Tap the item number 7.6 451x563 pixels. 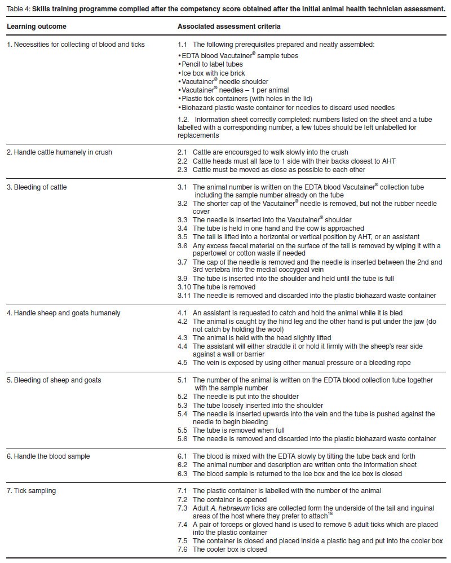click(x=182, y=549)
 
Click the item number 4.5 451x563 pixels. click(x=182, y=362)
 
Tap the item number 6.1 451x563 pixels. click(x=182, y=456)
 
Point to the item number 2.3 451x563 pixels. click(x=182, y=169)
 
